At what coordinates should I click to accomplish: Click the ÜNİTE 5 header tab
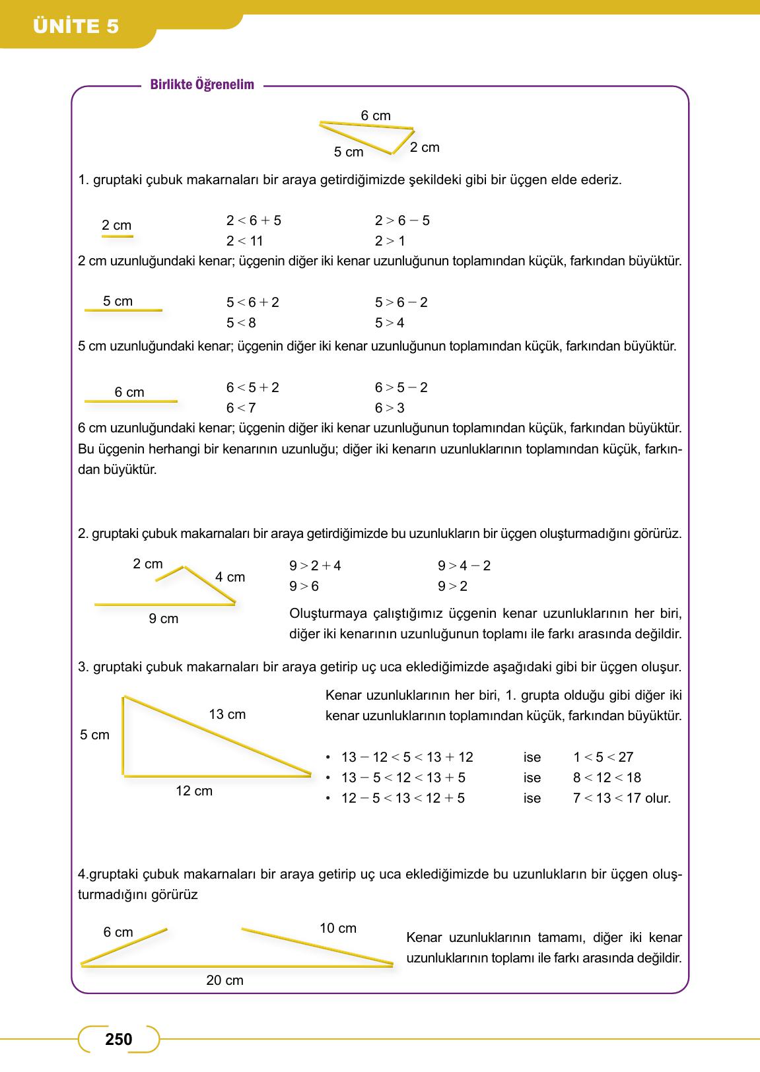tap(76, 26)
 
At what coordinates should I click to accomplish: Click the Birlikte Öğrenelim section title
tap(202, 84)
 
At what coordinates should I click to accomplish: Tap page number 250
tap(119, 1039)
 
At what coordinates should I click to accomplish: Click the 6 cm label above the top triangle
tap(376, 116)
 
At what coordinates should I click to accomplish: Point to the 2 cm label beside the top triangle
tap(425, 147)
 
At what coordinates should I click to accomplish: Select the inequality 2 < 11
tap(244, 241)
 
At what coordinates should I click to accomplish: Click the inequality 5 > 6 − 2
tap(401, 302)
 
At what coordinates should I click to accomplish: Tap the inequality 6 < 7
tap(241, 408)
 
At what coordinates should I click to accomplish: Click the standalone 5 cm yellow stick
tap(123, 310)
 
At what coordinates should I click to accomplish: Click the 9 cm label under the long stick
tap(164, 619)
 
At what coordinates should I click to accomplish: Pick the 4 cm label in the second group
tap(230, 577)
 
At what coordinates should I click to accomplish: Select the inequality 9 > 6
tap(304, 586)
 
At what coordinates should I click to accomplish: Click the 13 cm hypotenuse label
tap(227, 714)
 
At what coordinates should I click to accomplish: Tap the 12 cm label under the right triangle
tap(194, 791)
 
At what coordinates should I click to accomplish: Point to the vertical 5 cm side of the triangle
tap(123, 735)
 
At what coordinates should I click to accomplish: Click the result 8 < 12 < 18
tap(607, 778)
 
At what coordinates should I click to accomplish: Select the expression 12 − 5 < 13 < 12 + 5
tap(403, 798)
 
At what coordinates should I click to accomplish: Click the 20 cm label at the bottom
tap(225, 980)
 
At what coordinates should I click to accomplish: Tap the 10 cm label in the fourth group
tap(338, 928)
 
